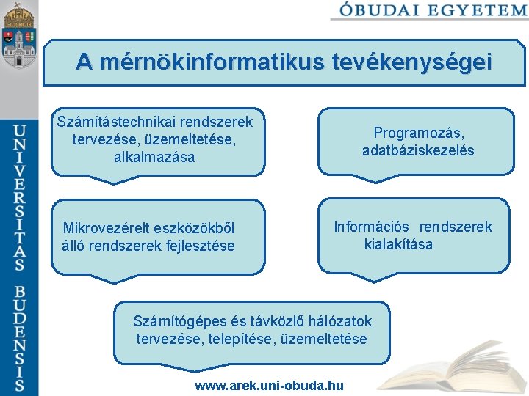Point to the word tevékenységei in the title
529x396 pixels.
(x=409, y=62)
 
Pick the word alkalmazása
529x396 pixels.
(x=155, y=157)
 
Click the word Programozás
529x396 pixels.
(x=417, y=133)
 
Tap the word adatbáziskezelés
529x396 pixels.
(x=418, y=150)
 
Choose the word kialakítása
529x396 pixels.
(x=398, y=244)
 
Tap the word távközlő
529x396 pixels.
(x=272, y=321)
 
